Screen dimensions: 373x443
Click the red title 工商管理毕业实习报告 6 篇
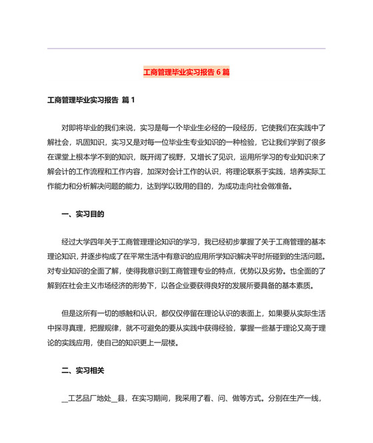pyautogui.click(x=186, y=71)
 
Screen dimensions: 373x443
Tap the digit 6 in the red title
pyautogui.click(x=217, y=71)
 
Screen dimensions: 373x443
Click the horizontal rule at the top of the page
pyautogui.click(x=186, y=48)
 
